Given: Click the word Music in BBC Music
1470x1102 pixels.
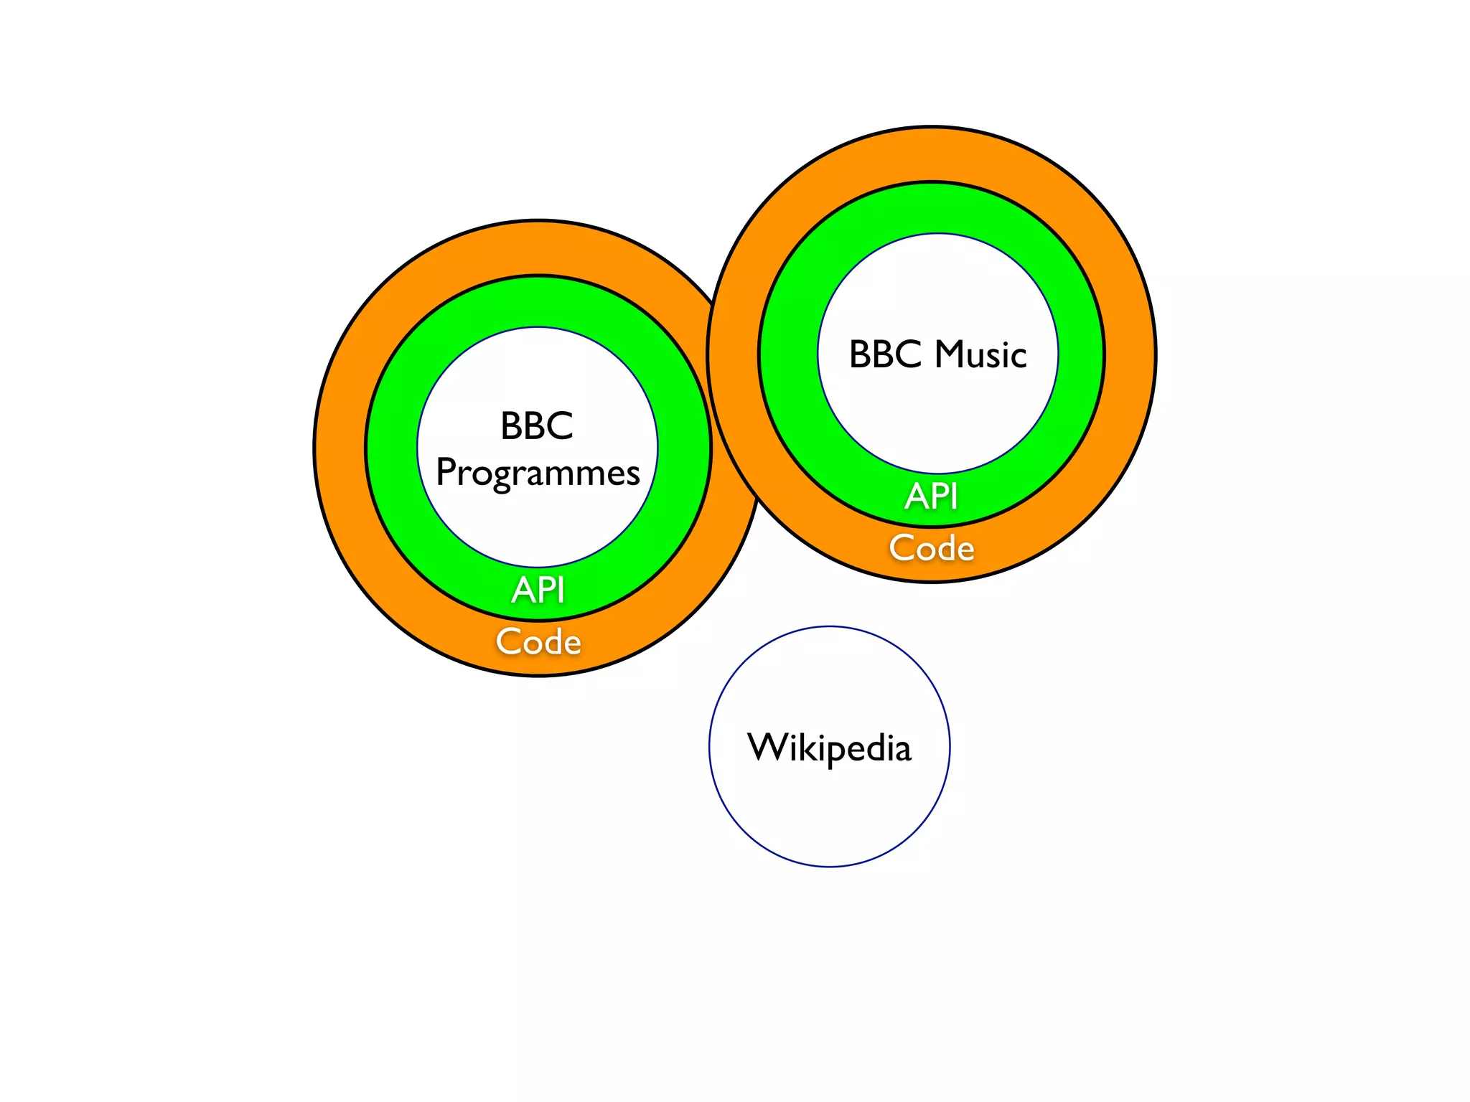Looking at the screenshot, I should pos(980,354).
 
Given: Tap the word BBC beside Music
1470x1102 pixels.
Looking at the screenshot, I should pos(885,354).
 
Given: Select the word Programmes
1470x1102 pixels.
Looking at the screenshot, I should pos(538,474).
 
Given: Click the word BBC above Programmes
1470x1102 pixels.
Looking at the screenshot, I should pos(537,425).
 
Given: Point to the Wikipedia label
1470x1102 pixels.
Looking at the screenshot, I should pos(829,748).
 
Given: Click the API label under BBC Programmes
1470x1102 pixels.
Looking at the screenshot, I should pos(538,590).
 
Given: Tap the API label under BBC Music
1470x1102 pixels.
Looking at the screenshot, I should pos(931,496).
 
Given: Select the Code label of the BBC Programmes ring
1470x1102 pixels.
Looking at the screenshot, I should pos(538,641).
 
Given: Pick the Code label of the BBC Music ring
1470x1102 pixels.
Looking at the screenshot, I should pos(932,548).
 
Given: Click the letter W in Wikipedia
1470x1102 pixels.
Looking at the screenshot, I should pos(767,747).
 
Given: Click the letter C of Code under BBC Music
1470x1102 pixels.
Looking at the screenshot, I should pos(902,548).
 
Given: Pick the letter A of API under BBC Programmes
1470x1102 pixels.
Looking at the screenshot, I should pos(523,590).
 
